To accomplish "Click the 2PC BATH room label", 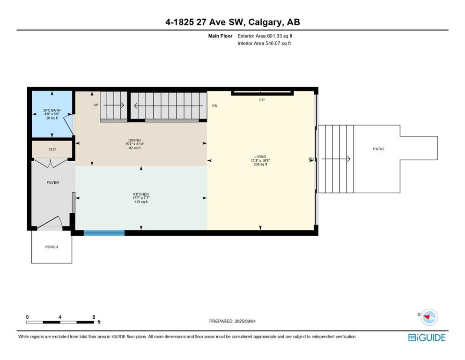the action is pyautogui.click(x=52, y=110).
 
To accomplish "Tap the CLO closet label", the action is pyautogui.click(x=52, y=149).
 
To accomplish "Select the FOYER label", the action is pyautogui.click(x=53, y=182).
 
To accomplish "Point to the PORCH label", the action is pyautogui.click(x=52, y=247).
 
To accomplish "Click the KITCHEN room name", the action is pyautogui.click(x=141, y=194).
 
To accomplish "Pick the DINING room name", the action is pyautogui.click(x=135, y=140).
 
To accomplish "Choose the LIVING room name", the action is pyautogui.click(x=260, y=157).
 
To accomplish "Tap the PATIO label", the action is pyautogui.click(x=378, y=149).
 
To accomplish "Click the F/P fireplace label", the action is pyautogui.click(x=262, y=100).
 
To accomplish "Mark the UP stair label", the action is pyautogui.click(x=96, y=105).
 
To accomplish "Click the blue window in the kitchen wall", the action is pyautogui.click(x=104, y=232).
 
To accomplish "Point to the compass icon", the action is pyautogui.click(x=429, y=317).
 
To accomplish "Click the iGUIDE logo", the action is pyautogui.click(x=427, y=337).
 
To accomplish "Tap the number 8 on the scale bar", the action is pyautogui.click(x=94, y=317).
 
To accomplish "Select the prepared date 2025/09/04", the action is pyautogui.click(x=245, y=321).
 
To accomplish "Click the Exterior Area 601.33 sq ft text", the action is pyautogui.click(x=265, y=36).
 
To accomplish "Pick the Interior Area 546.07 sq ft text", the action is pyautogui.click(x=264, y=43).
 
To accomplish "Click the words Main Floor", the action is pyautogui.click(x=221, y=36).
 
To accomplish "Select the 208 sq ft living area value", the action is pyautogui.click(x=260, y=164).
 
